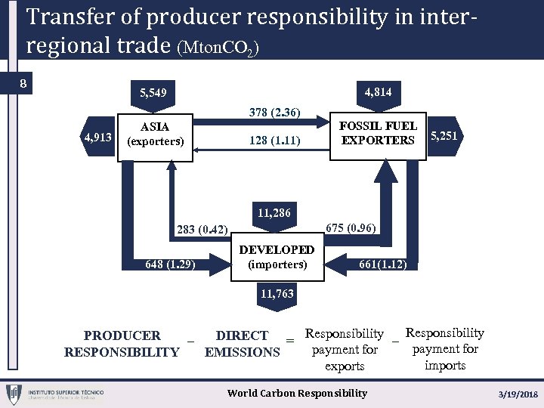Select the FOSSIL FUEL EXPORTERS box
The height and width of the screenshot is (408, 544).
[378, 133]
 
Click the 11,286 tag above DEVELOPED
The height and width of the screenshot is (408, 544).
[274, 214]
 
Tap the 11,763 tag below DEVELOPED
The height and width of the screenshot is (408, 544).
[277, 293]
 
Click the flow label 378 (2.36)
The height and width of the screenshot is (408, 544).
[275, 113]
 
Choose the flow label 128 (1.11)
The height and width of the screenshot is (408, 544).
[275, 141]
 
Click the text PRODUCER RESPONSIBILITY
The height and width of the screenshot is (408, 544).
[122, 344]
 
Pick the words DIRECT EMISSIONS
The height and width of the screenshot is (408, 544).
[242, 344]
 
